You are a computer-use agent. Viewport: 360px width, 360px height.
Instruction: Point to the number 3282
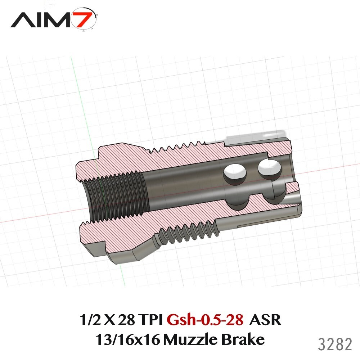tap(334, 345)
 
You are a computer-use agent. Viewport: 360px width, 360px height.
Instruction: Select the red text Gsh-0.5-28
tap(205, 319)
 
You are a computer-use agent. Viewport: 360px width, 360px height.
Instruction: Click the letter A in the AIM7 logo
tap(22, 20)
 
